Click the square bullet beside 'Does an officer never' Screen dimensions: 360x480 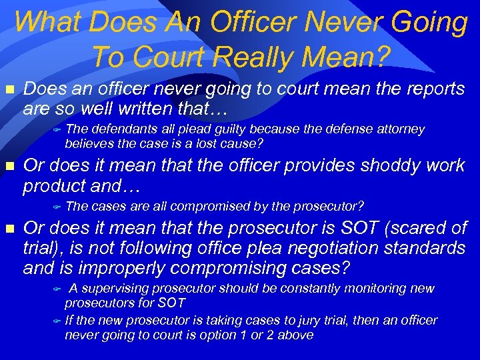pyautogui.click(x=9, y=89)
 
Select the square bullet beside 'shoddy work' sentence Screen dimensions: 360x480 pyautogui.click(x=9, y=166)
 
